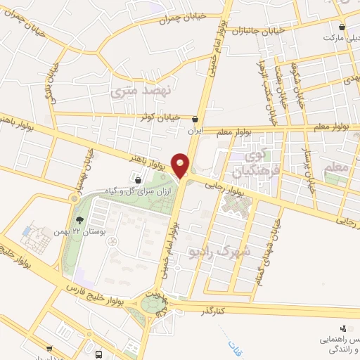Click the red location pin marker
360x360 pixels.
coord(181,165)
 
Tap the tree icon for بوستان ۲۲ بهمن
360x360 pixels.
coord(75,199)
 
